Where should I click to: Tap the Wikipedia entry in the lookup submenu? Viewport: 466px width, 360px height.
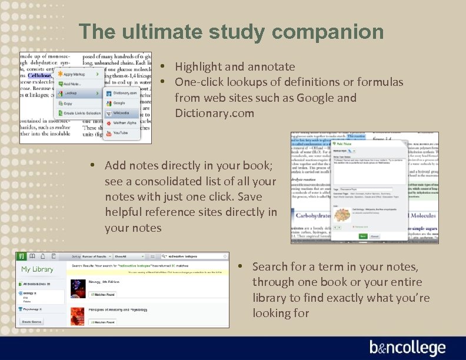[122, 113]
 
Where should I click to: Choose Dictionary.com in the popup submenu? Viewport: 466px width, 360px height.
[124, 93]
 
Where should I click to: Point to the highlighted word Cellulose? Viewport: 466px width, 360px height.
[40, 75]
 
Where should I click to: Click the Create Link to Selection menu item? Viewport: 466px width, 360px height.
[82, 113]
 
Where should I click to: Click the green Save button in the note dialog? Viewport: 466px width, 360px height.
[363, 236]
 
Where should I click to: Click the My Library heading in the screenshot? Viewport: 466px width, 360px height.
[37, 269]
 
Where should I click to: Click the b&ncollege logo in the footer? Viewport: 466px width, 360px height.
[407, 348]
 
